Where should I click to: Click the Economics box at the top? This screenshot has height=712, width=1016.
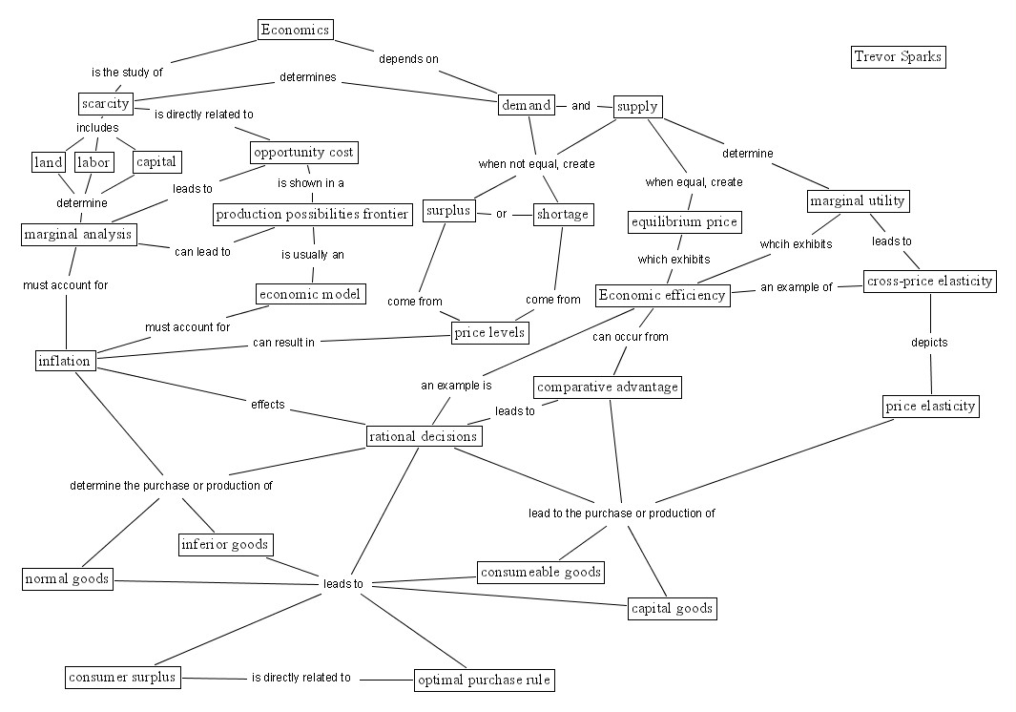click(x=296, y=30)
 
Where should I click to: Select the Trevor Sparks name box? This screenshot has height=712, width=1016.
click(x=898, y=56)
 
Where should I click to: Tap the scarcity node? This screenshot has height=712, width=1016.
click(x=105, y=102)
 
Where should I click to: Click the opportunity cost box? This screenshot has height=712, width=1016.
click(x=303, y=153)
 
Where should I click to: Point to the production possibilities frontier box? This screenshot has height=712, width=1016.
click(x=312, y=214)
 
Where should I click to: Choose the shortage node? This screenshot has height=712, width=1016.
click(x=563, y=214)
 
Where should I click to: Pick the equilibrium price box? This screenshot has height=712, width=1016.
click(x=684, y=222)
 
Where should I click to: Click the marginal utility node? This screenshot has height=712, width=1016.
click(x=857, y=201)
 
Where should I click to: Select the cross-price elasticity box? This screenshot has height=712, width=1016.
click(x=929, y=281)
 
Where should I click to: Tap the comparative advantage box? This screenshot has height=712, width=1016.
click(x=608, y=387)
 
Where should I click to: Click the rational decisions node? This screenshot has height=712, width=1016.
click(x=424, y=436)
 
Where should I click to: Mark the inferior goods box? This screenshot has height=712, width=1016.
click(x=226, y=545)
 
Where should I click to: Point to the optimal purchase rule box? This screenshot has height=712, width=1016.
click(x=484, y=681)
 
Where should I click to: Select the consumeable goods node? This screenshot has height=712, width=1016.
click(x=541, y=572)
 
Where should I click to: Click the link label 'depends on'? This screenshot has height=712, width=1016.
click(x=408, y=59)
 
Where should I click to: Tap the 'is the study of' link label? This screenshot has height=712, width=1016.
click(x=127, y=72)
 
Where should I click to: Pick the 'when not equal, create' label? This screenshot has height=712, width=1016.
click(x=536, y=163)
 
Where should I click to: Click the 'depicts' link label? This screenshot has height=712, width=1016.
click(x=929, y=342)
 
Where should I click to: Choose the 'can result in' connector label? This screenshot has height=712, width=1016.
click(x=283, y=343)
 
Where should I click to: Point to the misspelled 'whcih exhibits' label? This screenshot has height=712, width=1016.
click(x=796, y=243)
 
